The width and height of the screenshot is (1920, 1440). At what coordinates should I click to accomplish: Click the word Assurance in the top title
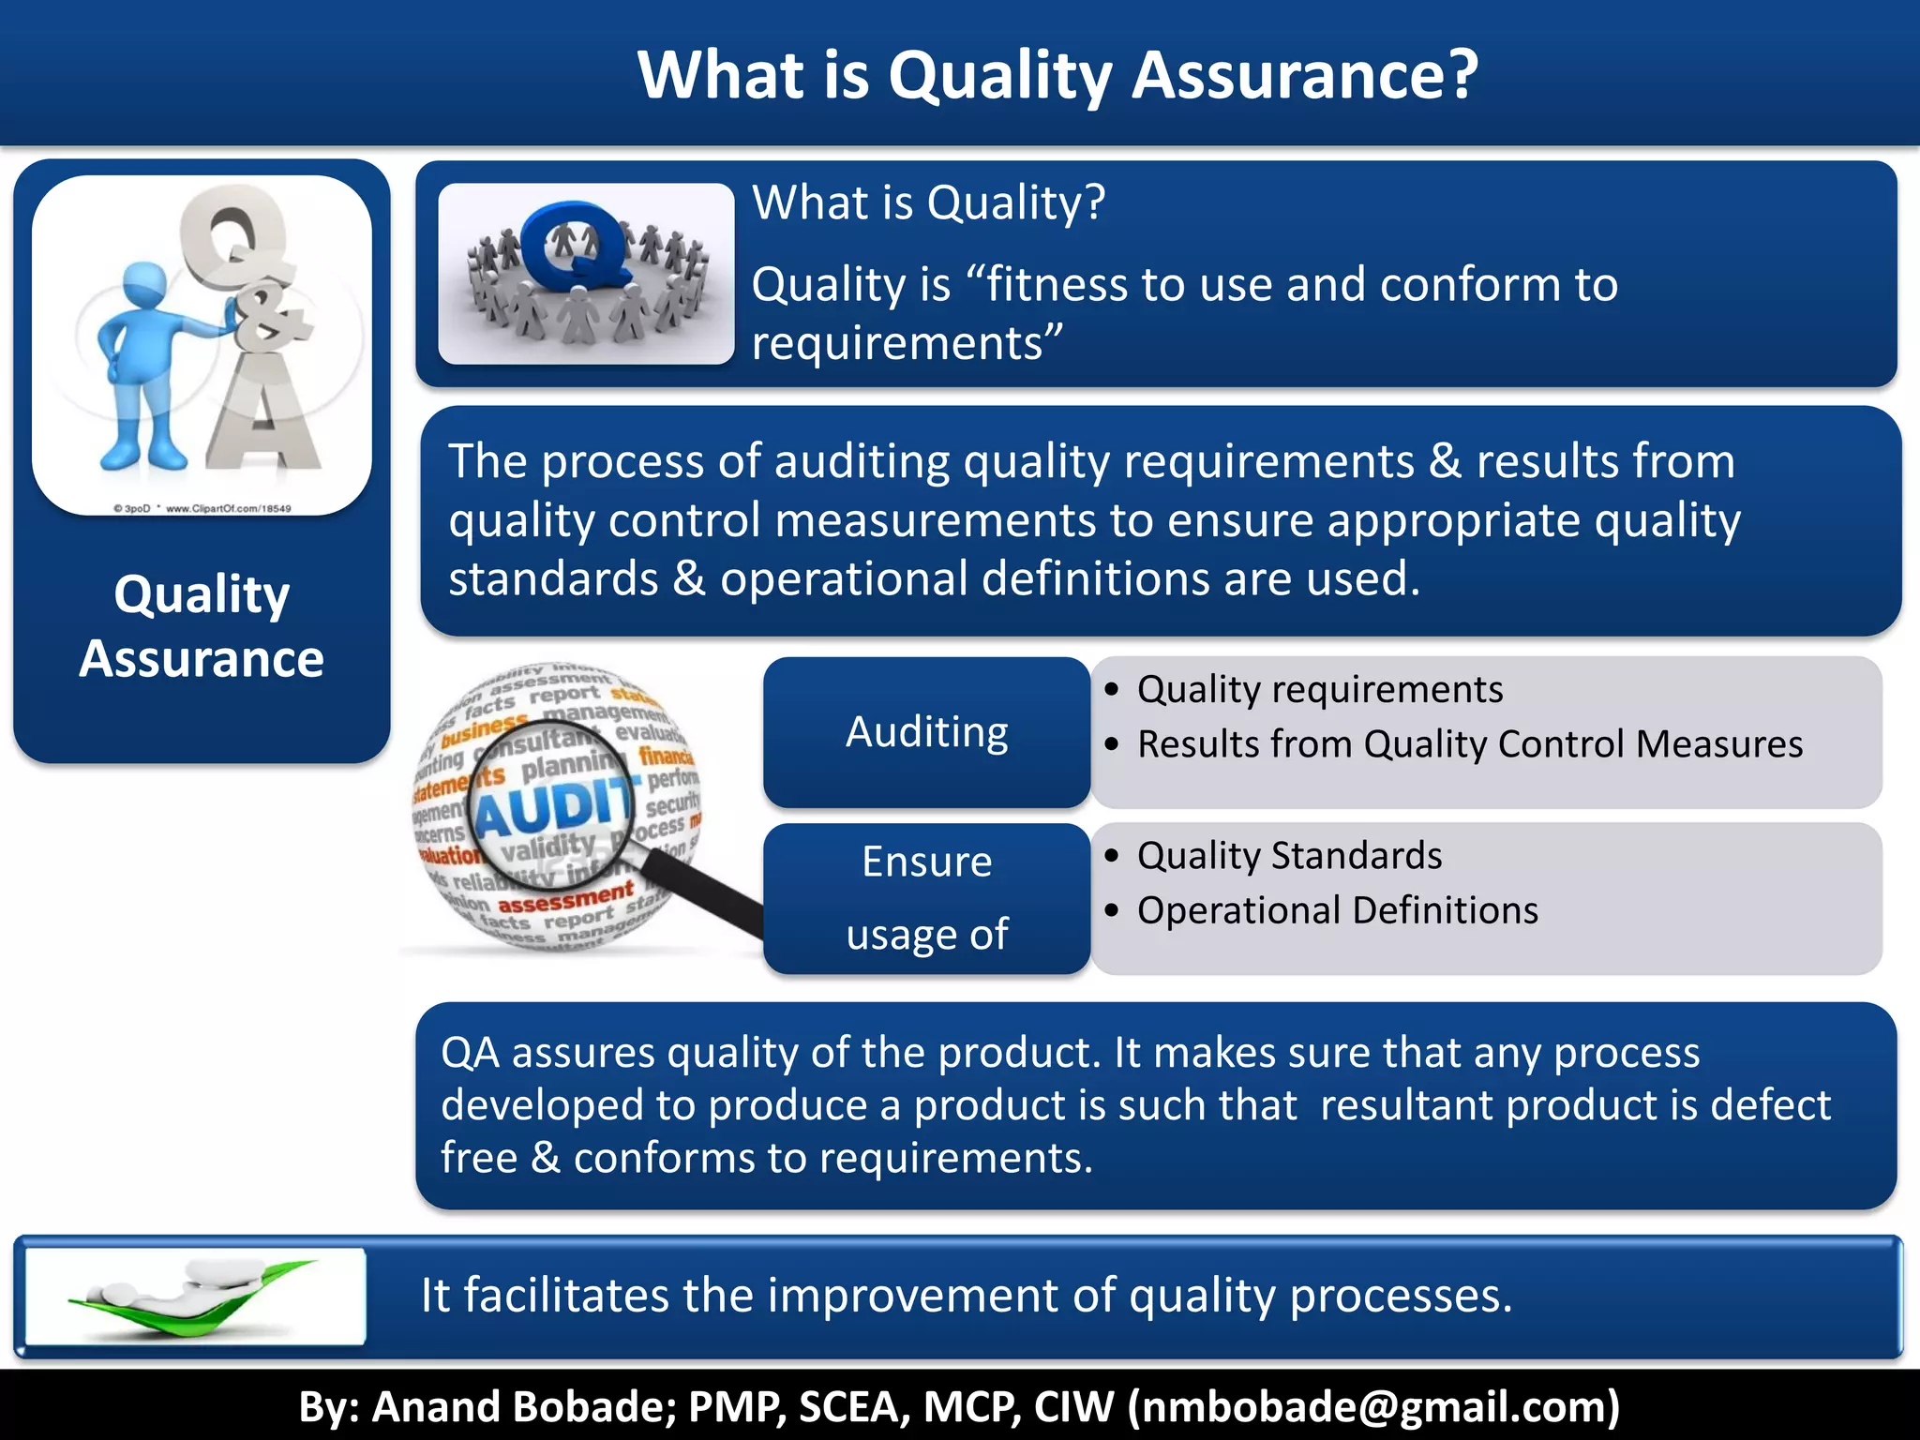[1304, 75]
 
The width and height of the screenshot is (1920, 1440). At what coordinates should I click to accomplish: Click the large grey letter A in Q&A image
[265, 412]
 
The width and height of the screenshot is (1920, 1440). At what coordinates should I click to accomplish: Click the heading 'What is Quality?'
[928, 202]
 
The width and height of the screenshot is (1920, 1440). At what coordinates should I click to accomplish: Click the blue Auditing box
[926, 732]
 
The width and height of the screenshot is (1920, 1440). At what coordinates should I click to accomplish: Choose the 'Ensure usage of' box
[926, 898]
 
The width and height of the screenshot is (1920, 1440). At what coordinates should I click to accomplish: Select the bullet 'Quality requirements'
[1319, 690]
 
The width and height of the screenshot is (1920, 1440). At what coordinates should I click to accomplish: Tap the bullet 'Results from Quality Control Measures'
[1469, 744]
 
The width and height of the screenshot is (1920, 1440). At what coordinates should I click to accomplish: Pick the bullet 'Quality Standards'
[1289, 856]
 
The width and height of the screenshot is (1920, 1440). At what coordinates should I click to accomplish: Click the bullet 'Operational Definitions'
[1337, 910]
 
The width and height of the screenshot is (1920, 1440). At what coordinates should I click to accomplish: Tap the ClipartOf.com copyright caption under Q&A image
[202, 508]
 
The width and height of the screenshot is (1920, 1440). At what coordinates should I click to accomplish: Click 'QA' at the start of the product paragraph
[470, 1053]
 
